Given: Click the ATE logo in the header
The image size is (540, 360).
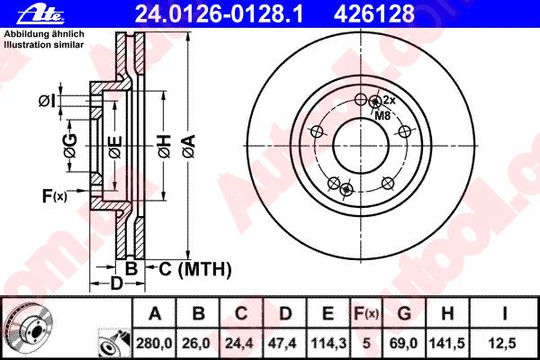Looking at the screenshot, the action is point(40,15).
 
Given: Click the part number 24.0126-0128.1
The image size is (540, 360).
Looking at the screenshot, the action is point(219,13).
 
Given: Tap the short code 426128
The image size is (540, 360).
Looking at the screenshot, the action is point(374,13).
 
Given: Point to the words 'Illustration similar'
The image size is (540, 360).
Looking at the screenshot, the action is point(44,45).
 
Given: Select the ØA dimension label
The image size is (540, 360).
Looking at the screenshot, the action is point(189,147).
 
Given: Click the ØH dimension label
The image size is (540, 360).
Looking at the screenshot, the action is point(165,147).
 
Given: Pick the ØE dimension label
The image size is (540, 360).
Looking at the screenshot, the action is point(115,147).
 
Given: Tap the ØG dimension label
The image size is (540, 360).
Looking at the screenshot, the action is point(70,146).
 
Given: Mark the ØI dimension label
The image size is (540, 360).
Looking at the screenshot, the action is point(47,101).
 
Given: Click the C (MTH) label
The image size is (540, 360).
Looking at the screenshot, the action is point(195,269).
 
